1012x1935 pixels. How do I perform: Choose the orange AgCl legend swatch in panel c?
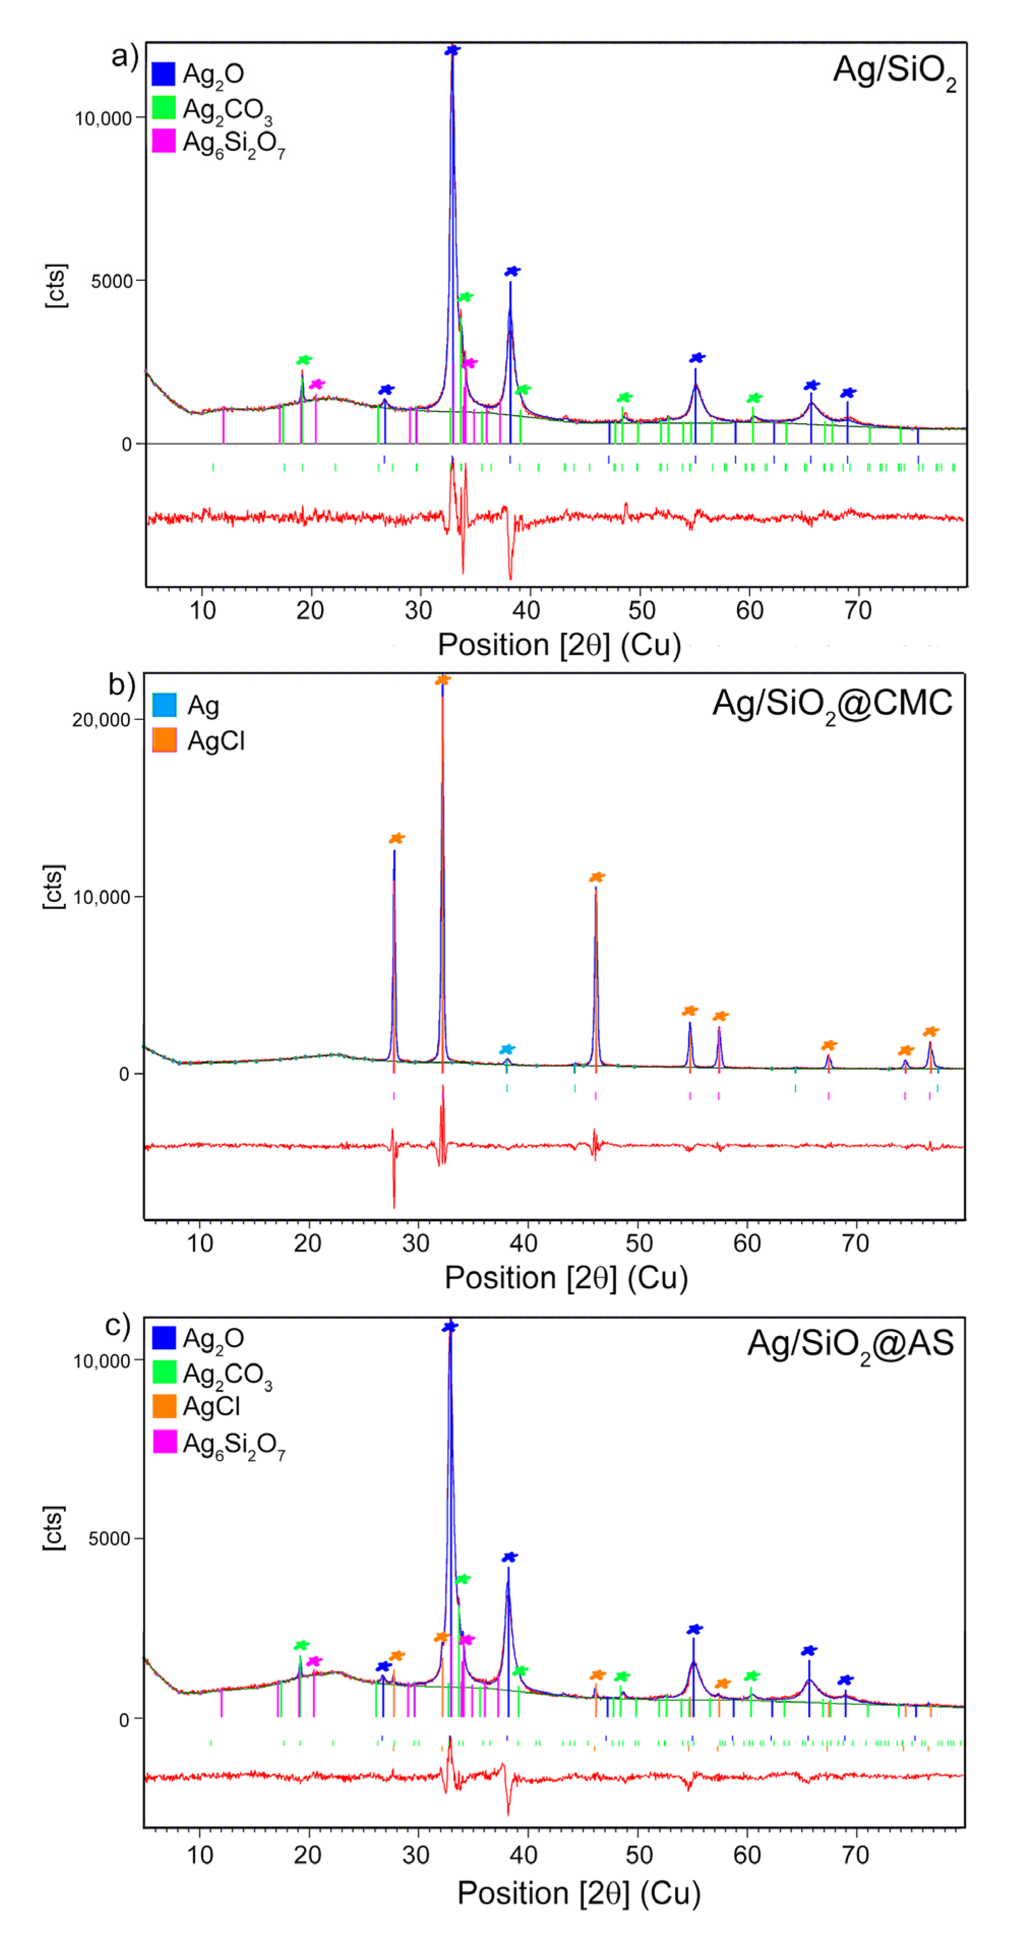click(x=165, y=1406)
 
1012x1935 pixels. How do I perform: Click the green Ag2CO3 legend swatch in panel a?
click(x=164, y=107)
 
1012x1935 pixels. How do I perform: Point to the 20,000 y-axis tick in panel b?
click(x=101, y=720)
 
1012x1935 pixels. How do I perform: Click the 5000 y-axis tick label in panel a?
click(x=112, y=281)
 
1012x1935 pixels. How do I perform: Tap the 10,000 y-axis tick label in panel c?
click(x=102, y=1361)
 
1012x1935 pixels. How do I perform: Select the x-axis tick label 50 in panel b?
click(x=639, y=1243)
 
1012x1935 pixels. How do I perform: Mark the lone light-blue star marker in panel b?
click(x=508, y=1049)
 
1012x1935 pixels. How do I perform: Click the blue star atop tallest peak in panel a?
click(x=452, y=50)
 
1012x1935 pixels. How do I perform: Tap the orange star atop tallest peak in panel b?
click(x=443, y=680)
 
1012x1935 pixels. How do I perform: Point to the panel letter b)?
click(x=121, y=684)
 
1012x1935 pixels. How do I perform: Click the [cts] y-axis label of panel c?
click(x=54, y=1527)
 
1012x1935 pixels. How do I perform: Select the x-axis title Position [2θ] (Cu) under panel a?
click(x=559, y=644)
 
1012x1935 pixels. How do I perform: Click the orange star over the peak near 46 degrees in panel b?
click(x=597, y=878)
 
